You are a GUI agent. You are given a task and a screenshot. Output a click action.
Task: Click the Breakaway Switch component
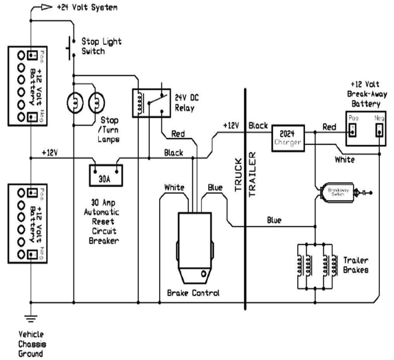pos(335,192)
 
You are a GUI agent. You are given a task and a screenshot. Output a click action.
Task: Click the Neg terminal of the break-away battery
pos(380,130)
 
